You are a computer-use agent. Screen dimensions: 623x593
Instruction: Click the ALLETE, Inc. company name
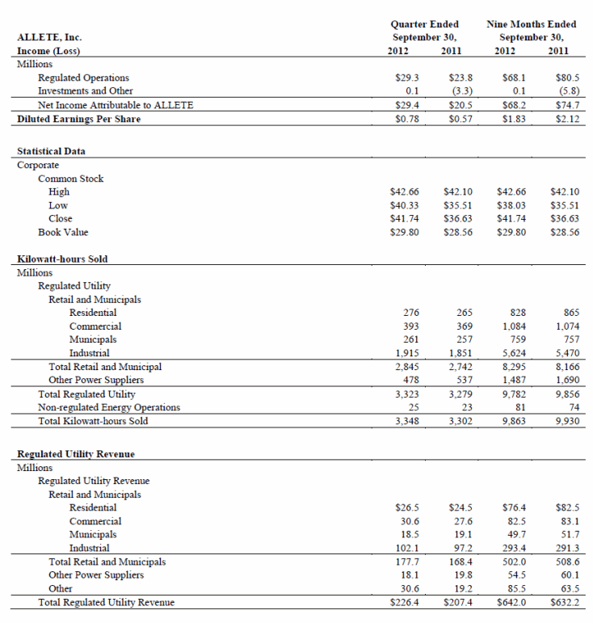pos(49,37)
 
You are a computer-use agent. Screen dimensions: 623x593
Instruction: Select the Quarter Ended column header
pos(424,24)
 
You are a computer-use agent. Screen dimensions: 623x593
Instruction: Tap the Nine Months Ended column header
pos(531,24)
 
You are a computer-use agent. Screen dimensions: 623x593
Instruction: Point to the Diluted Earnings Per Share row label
pos(78,119)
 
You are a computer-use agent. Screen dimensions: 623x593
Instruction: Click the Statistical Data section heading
pos(52,151)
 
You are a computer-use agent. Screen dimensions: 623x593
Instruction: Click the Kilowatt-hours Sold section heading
pos(62,259)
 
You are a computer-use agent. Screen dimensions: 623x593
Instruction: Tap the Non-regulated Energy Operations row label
pos(109,407)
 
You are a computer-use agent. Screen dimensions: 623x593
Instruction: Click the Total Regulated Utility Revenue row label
pos(106,602)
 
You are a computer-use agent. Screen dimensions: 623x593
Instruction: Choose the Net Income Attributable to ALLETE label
pos(116,105)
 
